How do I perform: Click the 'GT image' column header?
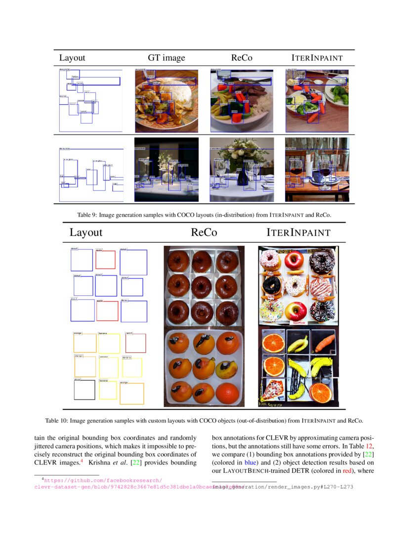(167, 58)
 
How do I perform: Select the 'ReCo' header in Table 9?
(242, 58)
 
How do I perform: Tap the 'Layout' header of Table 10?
(86, 232)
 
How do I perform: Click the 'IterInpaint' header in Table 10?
(298, 232)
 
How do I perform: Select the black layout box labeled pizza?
(84, 389)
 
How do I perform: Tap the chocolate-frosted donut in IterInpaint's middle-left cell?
(271, 285)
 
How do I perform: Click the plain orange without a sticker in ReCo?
(227, 393)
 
